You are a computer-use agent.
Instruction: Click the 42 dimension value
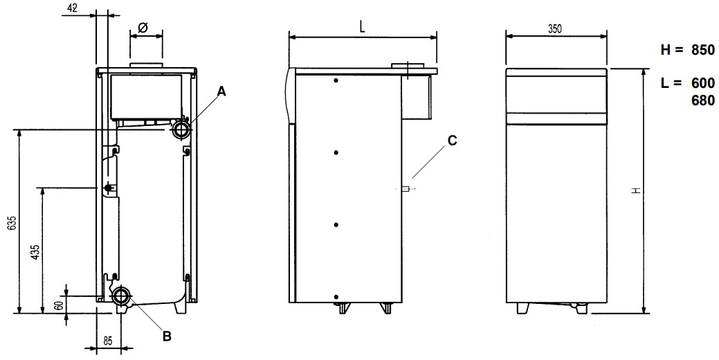71,8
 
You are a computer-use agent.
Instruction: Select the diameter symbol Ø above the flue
143,28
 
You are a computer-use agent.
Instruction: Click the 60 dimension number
59,305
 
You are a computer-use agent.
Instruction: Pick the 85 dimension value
107,341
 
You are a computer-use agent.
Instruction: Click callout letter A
221,91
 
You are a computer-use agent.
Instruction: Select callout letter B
167,336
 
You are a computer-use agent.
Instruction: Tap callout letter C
452,141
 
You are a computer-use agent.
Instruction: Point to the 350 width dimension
555,29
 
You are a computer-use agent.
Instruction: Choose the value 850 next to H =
703,50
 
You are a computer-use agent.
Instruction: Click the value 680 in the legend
703,100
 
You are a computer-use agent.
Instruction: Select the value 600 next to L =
703,83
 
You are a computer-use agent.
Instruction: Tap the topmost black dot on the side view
336,81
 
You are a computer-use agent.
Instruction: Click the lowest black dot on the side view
336,297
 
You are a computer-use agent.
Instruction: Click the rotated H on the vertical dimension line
636,190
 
